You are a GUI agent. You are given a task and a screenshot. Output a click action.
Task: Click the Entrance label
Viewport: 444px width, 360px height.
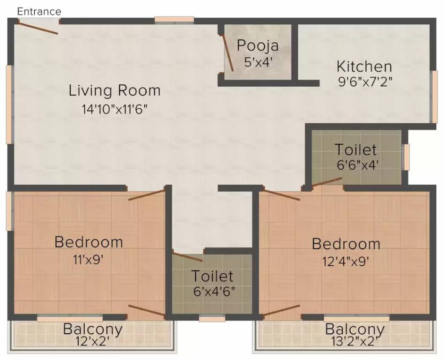tap(39, 11)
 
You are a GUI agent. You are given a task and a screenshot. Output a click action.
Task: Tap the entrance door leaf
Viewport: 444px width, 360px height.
tap(38, 27)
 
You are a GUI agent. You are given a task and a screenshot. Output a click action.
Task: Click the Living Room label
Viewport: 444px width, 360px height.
tap(114, 90)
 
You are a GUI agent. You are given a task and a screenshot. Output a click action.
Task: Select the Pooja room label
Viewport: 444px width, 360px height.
tap(258, 46)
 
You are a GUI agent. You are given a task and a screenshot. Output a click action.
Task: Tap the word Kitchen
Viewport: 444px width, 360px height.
tap(364, 66)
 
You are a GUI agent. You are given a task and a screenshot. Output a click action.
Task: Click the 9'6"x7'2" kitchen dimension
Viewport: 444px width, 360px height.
tap(365, 82)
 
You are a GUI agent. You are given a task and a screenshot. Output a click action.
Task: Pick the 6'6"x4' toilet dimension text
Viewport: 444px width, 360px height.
tap(355, 165)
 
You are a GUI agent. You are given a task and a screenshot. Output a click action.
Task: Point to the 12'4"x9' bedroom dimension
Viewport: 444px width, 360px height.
tap(346, 261)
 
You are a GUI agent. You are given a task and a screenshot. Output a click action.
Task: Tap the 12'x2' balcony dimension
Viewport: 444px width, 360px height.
tap(93, 342)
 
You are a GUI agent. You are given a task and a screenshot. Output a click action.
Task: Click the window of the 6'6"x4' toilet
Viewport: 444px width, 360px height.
tap(407, 157)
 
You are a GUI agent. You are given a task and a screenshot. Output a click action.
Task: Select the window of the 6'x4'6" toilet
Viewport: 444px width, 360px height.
tap(206, 318)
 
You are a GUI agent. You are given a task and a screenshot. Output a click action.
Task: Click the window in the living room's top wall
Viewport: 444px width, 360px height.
tap(174, 20)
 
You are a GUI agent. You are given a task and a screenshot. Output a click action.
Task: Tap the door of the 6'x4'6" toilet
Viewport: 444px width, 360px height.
tap(187, 257)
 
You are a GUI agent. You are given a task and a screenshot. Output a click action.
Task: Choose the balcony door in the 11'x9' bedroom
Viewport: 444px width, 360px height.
tap(147, 311)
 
